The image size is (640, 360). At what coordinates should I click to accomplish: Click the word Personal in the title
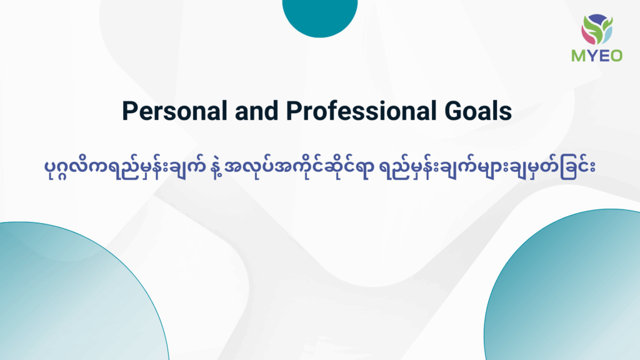(175, 111)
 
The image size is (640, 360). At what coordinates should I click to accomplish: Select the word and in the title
(256, 111)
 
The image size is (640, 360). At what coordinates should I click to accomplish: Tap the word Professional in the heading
(358, 111)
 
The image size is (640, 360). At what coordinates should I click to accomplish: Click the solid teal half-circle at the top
(320, 18)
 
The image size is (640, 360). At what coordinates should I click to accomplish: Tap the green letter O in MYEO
(616, 56)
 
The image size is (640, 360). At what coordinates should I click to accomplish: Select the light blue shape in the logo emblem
(607, 36)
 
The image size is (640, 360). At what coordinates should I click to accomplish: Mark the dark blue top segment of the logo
(597, 19)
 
